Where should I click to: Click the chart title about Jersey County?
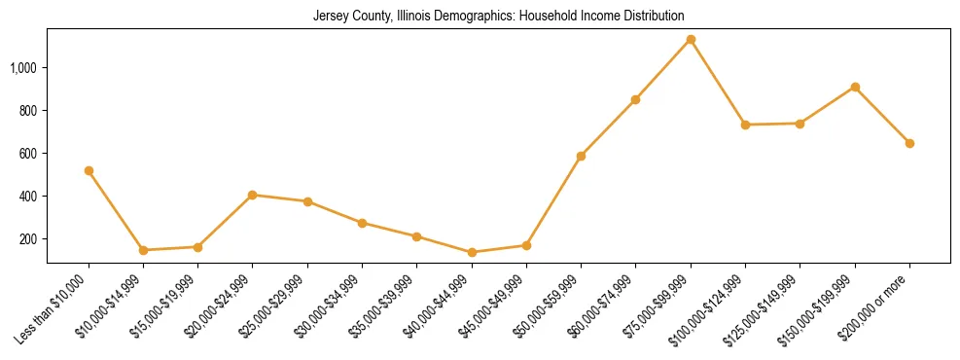click(498, 17)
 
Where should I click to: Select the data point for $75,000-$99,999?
click(691, 40)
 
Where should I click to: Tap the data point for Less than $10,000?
click(89, 171)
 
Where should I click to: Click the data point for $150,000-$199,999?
click(855, 88)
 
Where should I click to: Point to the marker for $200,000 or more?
click(909, 143)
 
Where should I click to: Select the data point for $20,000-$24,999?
click(253, 195)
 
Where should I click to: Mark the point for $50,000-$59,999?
click(581, 156)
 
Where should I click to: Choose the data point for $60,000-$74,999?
click(636, 99)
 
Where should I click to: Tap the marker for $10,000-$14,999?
click(143, 250)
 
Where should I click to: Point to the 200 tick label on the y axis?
click(29, 239)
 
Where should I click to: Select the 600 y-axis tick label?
click(29, 154)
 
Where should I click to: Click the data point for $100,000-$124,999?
click(745, 125)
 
